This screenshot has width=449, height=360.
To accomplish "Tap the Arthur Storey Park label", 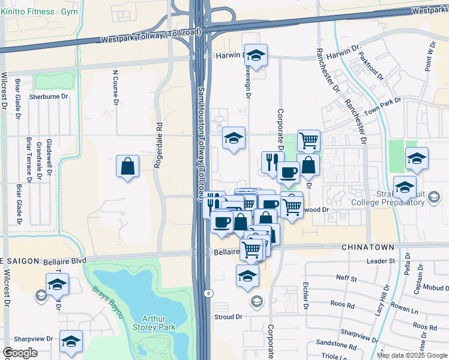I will (x=157, y=323).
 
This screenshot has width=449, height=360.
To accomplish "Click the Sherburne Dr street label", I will (x=49, y=97).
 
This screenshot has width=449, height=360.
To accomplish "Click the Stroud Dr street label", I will (x=228, y=316).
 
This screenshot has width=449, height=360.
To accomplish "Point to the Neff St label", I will (x=346, y=278).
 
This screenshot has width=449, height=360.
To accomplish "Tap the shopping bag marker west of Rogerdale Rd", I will (x=128, y=167).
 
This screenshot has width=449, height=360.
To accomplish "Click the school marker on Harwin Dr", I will (x=256, y=57).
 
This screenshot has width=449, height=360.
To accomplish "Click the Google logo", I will (x=20, y=353).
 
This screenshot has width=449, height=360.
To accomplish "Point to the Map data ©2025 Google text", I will (x=412, y=355).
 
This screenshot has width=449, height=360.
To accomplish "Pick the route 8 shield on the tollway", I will (x=208, y=293).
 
